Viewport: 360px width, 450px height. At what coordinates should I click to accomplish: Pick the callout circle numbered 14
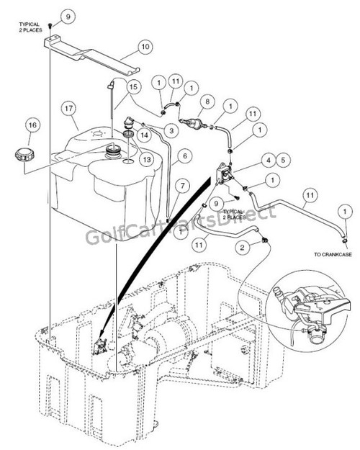click(x=145, y=135)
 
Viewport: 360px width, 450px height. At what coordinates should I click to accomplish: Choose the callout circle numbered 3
click(x=172, y=130)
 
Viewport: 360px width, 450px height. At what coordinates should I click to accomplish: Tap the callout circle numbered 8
click(x=208, y=102)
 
